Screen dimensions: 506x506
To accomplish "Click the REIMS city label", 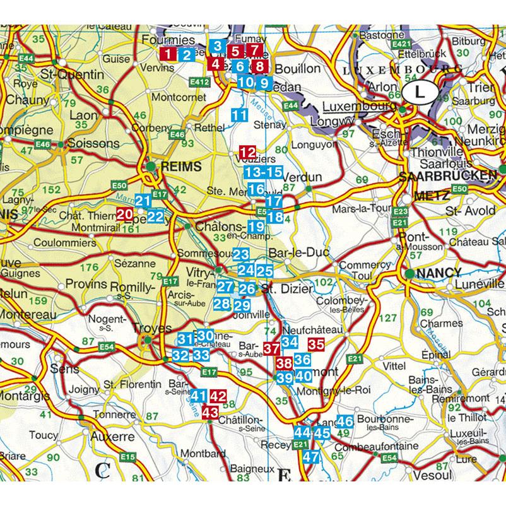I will (x=180, y=167).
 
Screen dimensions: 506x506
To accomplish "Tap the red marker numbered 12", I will (x=248, y=152).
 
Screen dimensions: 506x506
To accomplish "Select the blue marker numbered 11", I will (x=239, y=115).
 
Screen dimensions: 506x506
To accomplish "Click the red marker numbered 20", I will (x=125, y=215).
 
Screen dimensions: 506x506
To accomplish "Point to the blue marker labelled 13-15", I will (x=263, y=172).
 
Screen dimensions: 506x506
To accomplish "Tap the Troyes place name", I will (x=153, y=329).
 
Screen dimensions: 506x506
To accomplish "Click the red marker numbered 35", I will (x=316, y=344).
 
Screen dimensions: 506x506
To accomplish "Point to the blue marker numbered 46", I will (x=344, y=421).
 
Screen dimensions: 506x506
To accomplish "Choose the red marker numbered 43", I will (x=210, y=412).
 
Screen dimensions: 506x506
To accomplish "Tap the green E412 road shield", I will (x=199, y=81).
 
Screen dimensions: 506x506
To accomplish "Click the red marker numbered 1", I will (x=168, y=54).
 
